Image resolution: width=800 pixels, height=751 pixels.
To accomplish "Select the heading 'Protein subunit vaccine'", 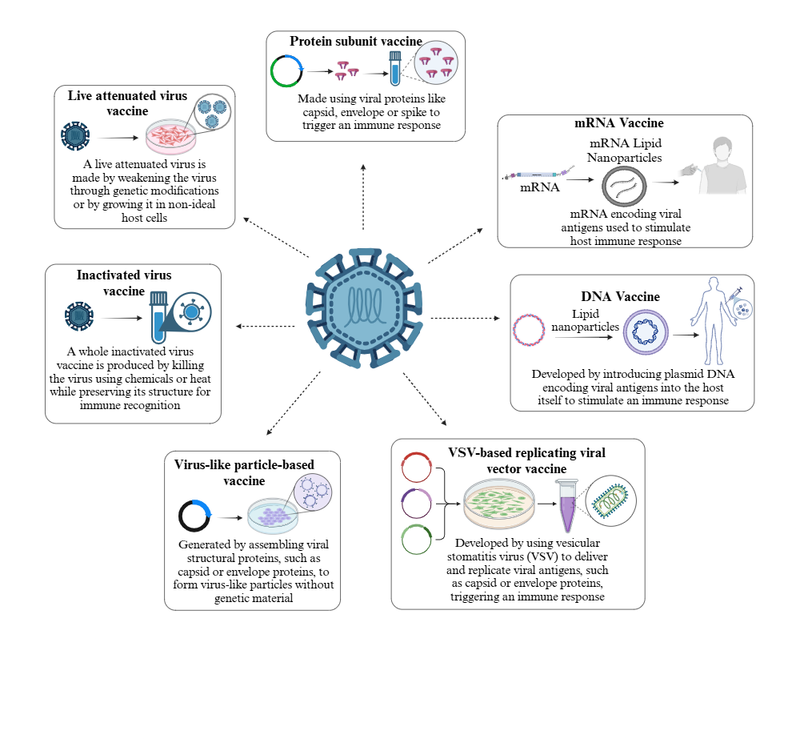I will click(356, 41).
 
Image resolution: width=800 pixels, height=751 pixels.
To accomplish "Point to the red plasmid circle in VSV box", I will click(416, 468).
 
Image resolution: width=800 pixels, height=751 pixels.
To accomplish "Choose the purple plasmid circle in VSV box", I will click(417, 504).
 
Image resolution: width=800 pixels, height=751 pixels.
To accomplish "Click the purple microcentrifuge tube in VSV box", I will click(569, 506).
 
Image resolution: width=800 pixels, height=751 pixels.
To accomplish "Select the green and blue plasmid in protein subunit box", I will click(286, 70).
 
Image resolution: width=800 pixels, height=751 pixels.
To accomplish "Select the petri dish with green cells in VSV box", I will click(498, 504).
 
